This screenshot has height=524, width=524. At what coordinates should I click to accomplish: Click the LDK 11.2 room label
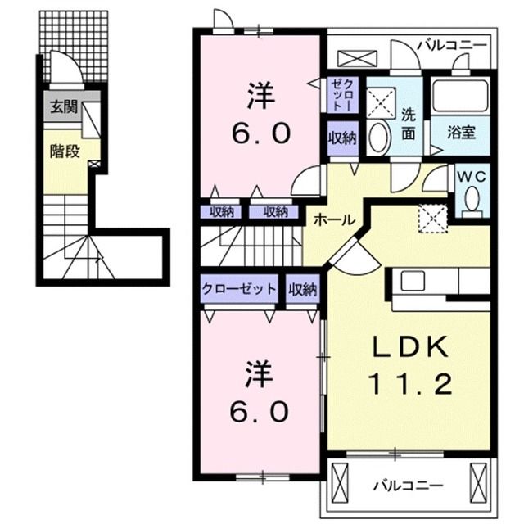coord(412,367)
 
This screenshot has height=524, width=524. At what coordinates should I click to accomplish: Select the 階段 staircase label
coord(64,152)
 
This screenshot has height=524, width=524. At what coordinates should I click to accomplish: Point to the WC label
coord(472,176)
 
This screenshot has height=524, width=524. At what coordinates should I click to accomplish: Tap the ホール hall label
coord(334,219)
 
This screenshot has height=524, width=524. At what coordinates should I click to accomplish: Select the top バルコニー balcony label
coord(452,45)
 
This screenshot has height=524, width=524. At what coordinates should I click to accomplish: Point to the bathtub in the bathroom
coord(459,97)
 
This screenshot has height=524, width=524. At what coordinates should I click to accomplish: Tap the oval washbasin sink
coord(378,138)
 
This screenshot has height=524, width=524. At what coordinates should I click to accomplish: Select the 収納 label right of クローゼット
coord(301,288)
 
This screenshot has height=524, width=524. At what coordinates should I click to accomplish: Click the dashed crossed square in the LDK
coord(432,219)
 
